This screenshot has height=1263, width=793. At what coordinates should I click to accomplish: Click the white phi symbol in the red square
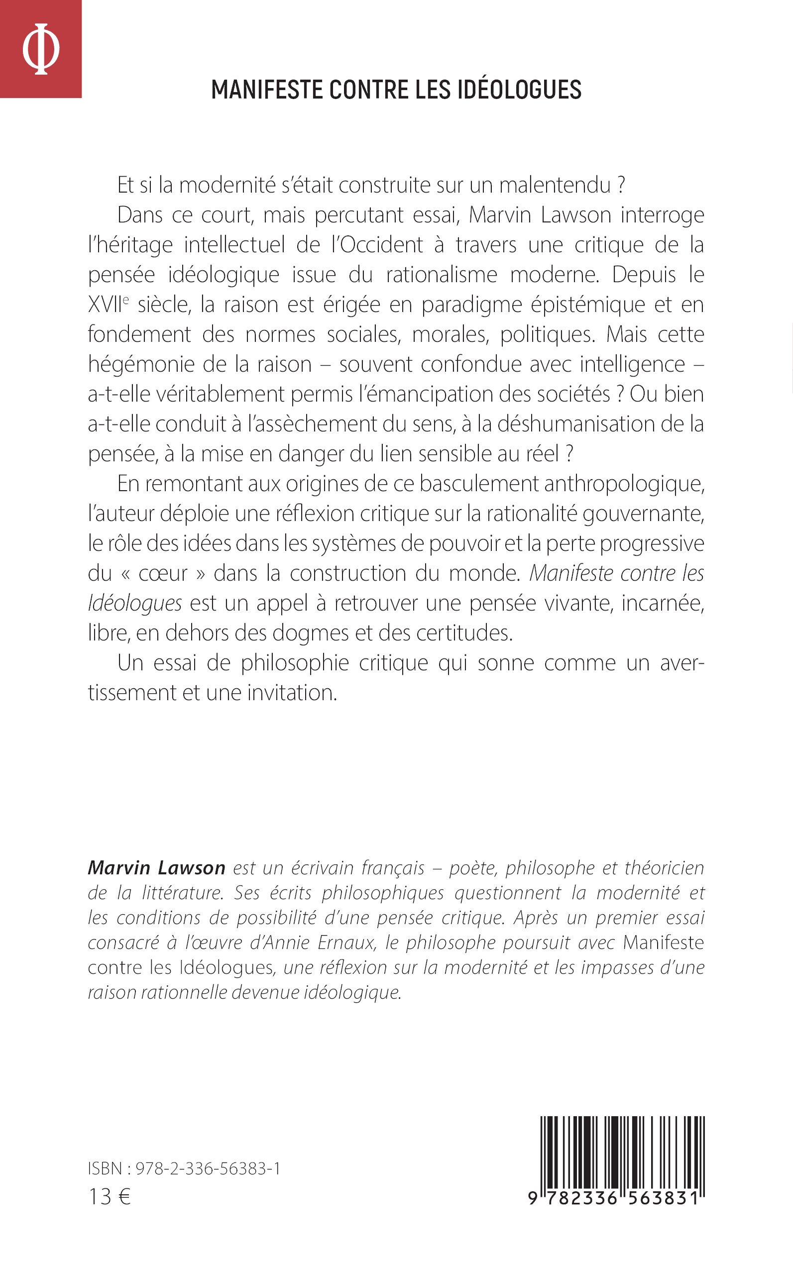(x=40, y=48)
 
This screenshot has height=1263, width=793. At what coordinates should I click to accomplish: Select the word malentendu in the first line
(x=555, y=186)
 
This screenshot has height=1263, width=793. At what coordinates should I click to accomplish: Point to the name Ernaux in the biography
(x=346, y=943)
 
